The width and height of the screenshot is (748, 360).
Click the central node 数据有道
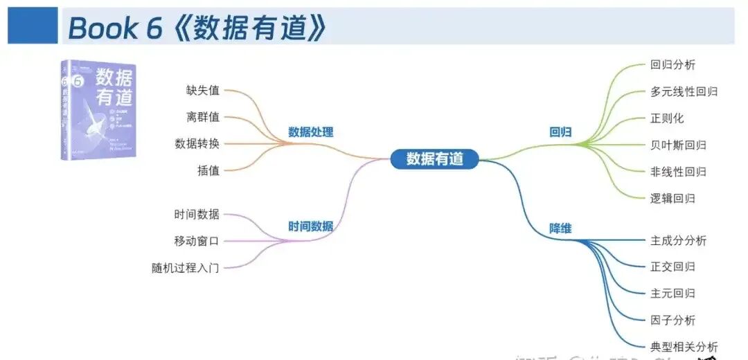[434, 159]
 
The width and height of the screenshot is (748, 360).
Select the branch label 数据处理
[311, 132]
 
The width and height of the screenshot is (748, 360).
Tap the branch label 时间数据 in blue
[310, 226]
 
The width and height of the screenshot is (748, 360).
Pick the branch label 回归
[560, 132]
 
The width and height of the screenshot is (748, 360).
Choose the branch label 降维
[560, 228]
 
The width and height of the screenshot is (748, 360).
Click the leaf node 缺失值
[202, 90]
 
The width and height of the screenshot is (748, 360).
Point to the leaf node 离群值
[202, 117]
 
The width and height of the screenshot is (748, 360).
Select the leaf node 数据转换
[197, 144]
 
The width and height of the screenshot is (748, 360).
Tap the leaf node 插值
[208, 170]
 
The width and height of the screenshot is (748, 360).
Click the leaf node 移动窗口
[197, 241]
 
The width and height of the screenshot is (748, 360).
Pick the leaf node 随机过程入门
[186, 267]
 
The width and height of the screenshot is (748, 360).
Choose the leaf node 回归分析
[673, 65]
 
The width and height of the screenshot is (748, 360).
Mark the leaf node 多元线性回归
[684, 91]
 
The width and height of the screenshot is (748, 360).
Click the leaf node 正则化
[667, 118]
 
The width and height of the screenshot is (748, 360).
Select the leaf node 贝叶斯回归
[678, 145]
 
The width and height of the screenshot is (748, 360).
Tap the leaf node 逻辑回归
[673, 198]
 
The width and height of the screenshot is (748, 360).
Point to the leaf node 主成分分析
[678, 241]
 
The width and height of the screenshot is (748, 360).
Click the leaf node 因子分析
[673, 320]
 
